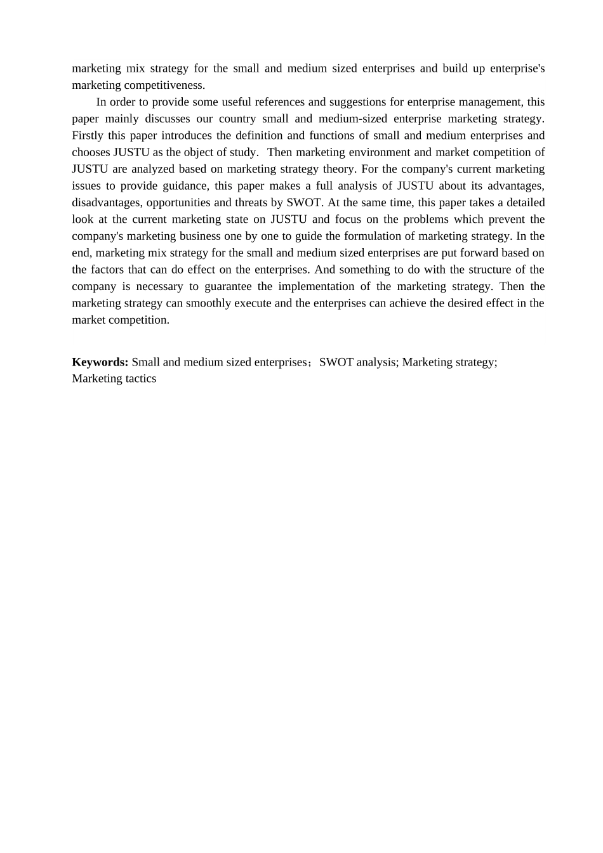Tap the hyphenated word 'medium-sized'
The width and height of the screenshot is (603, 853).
point(350,119)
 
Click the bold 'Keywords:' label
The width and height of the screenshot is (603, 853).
point(100,362)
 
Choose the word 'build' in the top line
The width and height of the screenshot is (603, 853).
point(455,69)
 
